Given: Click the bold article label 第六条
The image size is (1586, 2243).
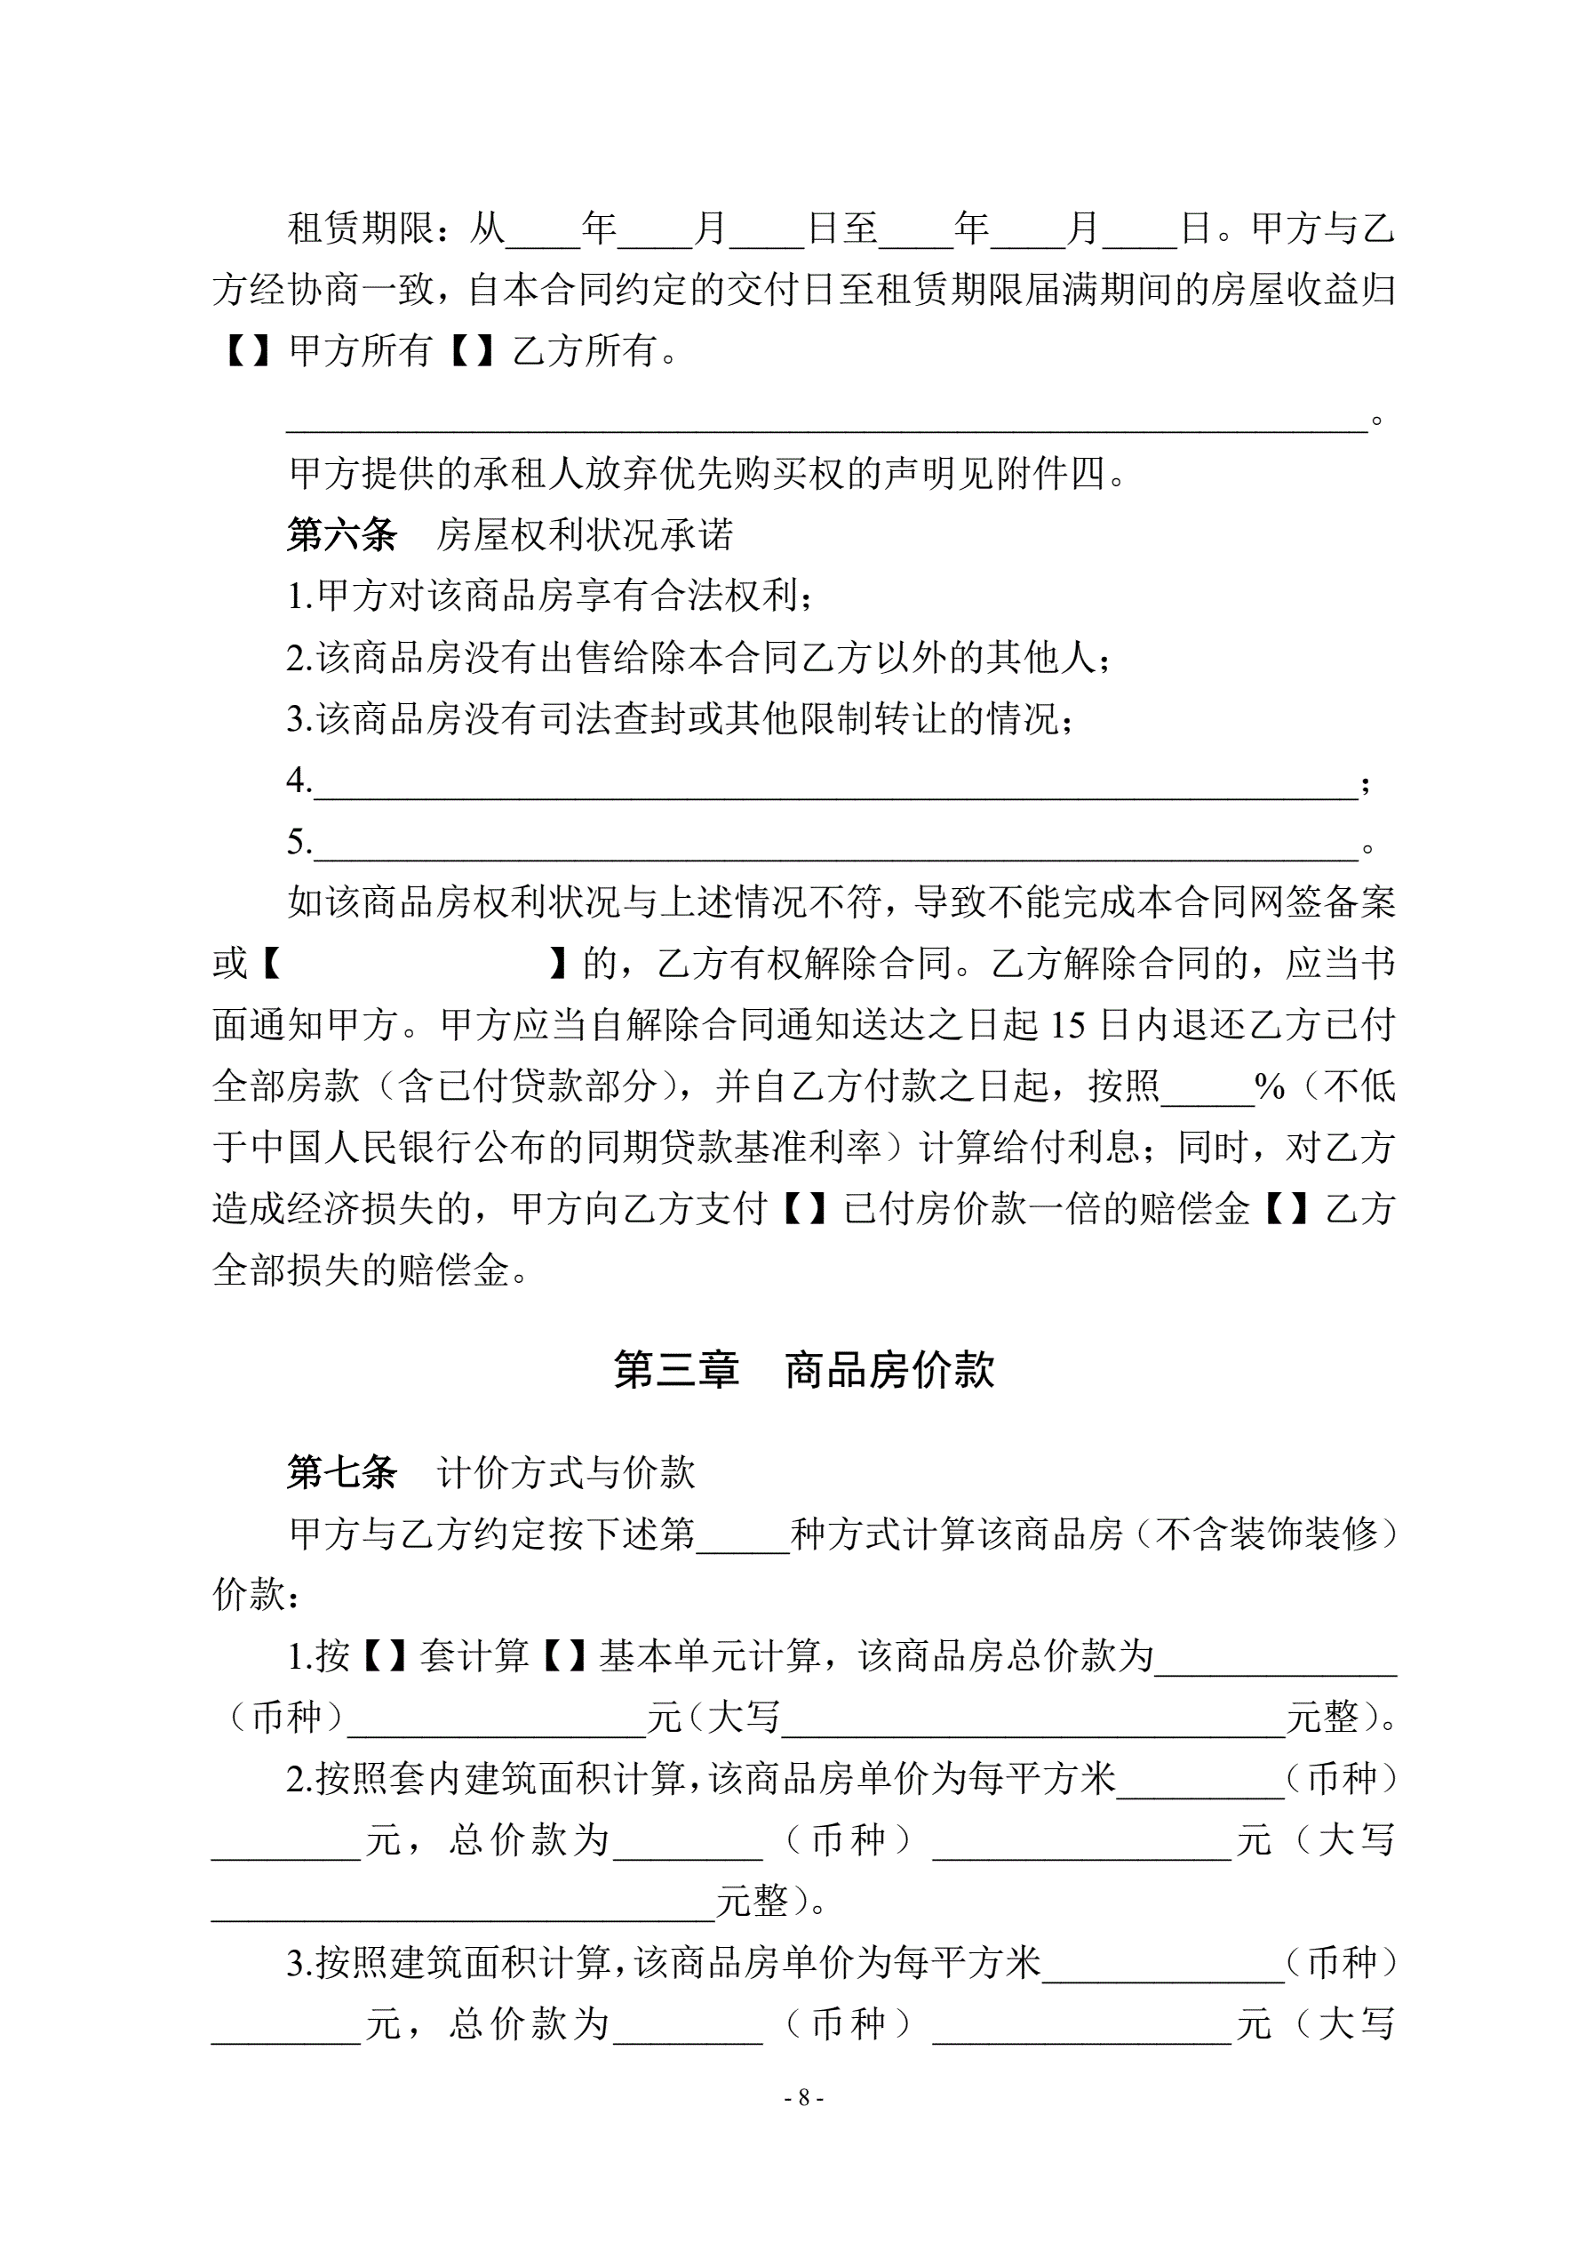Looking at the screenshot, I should pyautogui.click(x=342, y=534).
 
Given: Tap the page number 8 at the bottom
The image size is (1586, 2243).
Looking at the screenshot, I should pyautogui.click(x=804, y=2097).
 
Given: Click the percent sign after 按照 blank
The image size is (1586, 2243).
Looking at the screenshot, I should pyautogui.click(x=1269, y=1086).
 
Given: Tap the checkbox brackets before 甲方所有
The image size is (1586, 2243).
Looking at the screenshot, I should pyautogui.click(x=248, y=350).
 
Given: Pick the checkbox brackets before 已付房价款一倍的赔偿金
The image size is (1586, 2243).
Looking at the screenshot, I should pyautogui.click(x=806, y=1209).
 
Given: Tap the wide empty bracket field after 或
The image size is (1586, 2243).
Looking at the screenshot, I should pyautogui.click(x=415, y=965).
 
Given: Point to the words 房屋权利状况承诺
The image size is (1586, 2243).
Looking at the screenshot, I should pyautogui.click(x=583, y=534).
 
